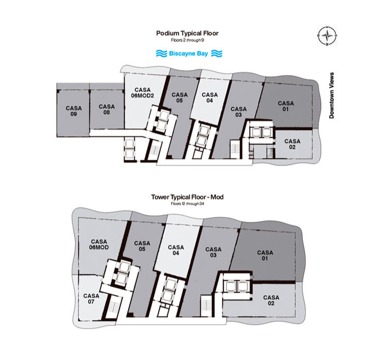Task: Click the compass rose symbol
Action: pyautogui.click(x=327, y=36)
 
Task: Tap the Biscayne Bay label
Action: pyautogui.click(x=189, y=53)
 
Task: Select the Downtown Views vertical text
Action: pyautogui.click(x=332, y=95)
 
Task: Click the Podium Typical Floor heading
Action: pyautogui.click(x=187, y=33)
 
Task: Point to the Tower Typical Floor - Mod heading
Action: pyautogui.click(x=187, y=197)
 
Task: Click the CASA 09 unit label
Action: pyautogui.click(x=74, y=111)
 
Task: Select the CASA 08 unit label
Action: pyautogui.click(x=107, y=109)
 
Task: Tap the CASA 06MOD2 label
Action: pyautogui.click(x=143, y=93)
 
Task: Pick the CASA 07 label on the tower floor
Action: pyautogui.click(x=91, y=299)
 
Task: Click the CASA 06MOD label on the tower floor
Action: pyautogui.click(x=99, y=244)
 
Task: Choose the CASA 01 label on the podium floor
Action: pyautogui.click(x=286, y=106)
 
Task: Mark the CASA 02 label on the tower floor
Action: pyautogui.click(x=271, y=300)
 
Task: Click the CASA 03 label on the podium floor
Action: pyautogui.click(x=239, y=112)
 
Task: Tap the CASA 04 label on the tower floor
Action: pyautogui.click(x=176, y=250)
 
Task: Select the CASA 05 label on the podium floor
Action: pyautogui.click(x=179, y=98)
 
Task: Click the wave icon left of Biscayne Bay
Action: pyautogui.click(x=162, y=53)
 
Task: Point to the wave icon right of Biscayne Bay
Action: pyautogui.click(x=217, y=53)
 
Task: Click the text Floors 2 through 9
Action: pyautogui.click(x=187, y=40)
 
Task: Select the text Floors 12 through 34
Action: pyautogui.click(x=187, y=204)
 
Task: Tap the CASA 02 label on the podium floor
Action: pyautogui.click(x=292, y=144)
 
